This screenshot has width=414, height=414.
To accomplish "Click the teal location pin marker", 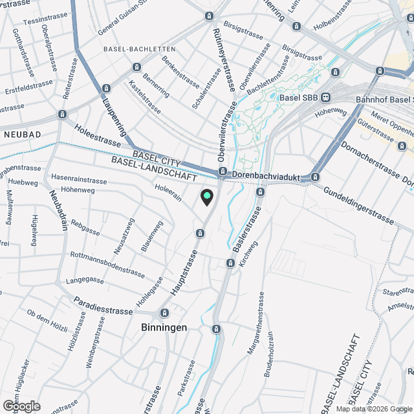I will point(207,197).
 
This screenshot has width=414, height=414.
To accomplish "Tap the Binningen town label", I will point(164,327).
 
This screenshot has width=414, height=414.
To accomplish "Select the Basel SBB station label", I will point(300,98).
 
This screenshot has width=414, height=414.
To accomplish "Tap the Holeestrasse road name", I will point(98,136).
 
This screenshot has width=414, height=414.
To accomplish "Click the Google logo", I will point(21,406).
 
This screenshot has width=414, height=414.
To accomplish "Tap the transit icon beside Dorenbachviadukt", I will point(223,172).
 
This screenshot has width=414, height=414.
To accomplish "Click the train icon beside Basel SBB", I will point(325,98).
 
